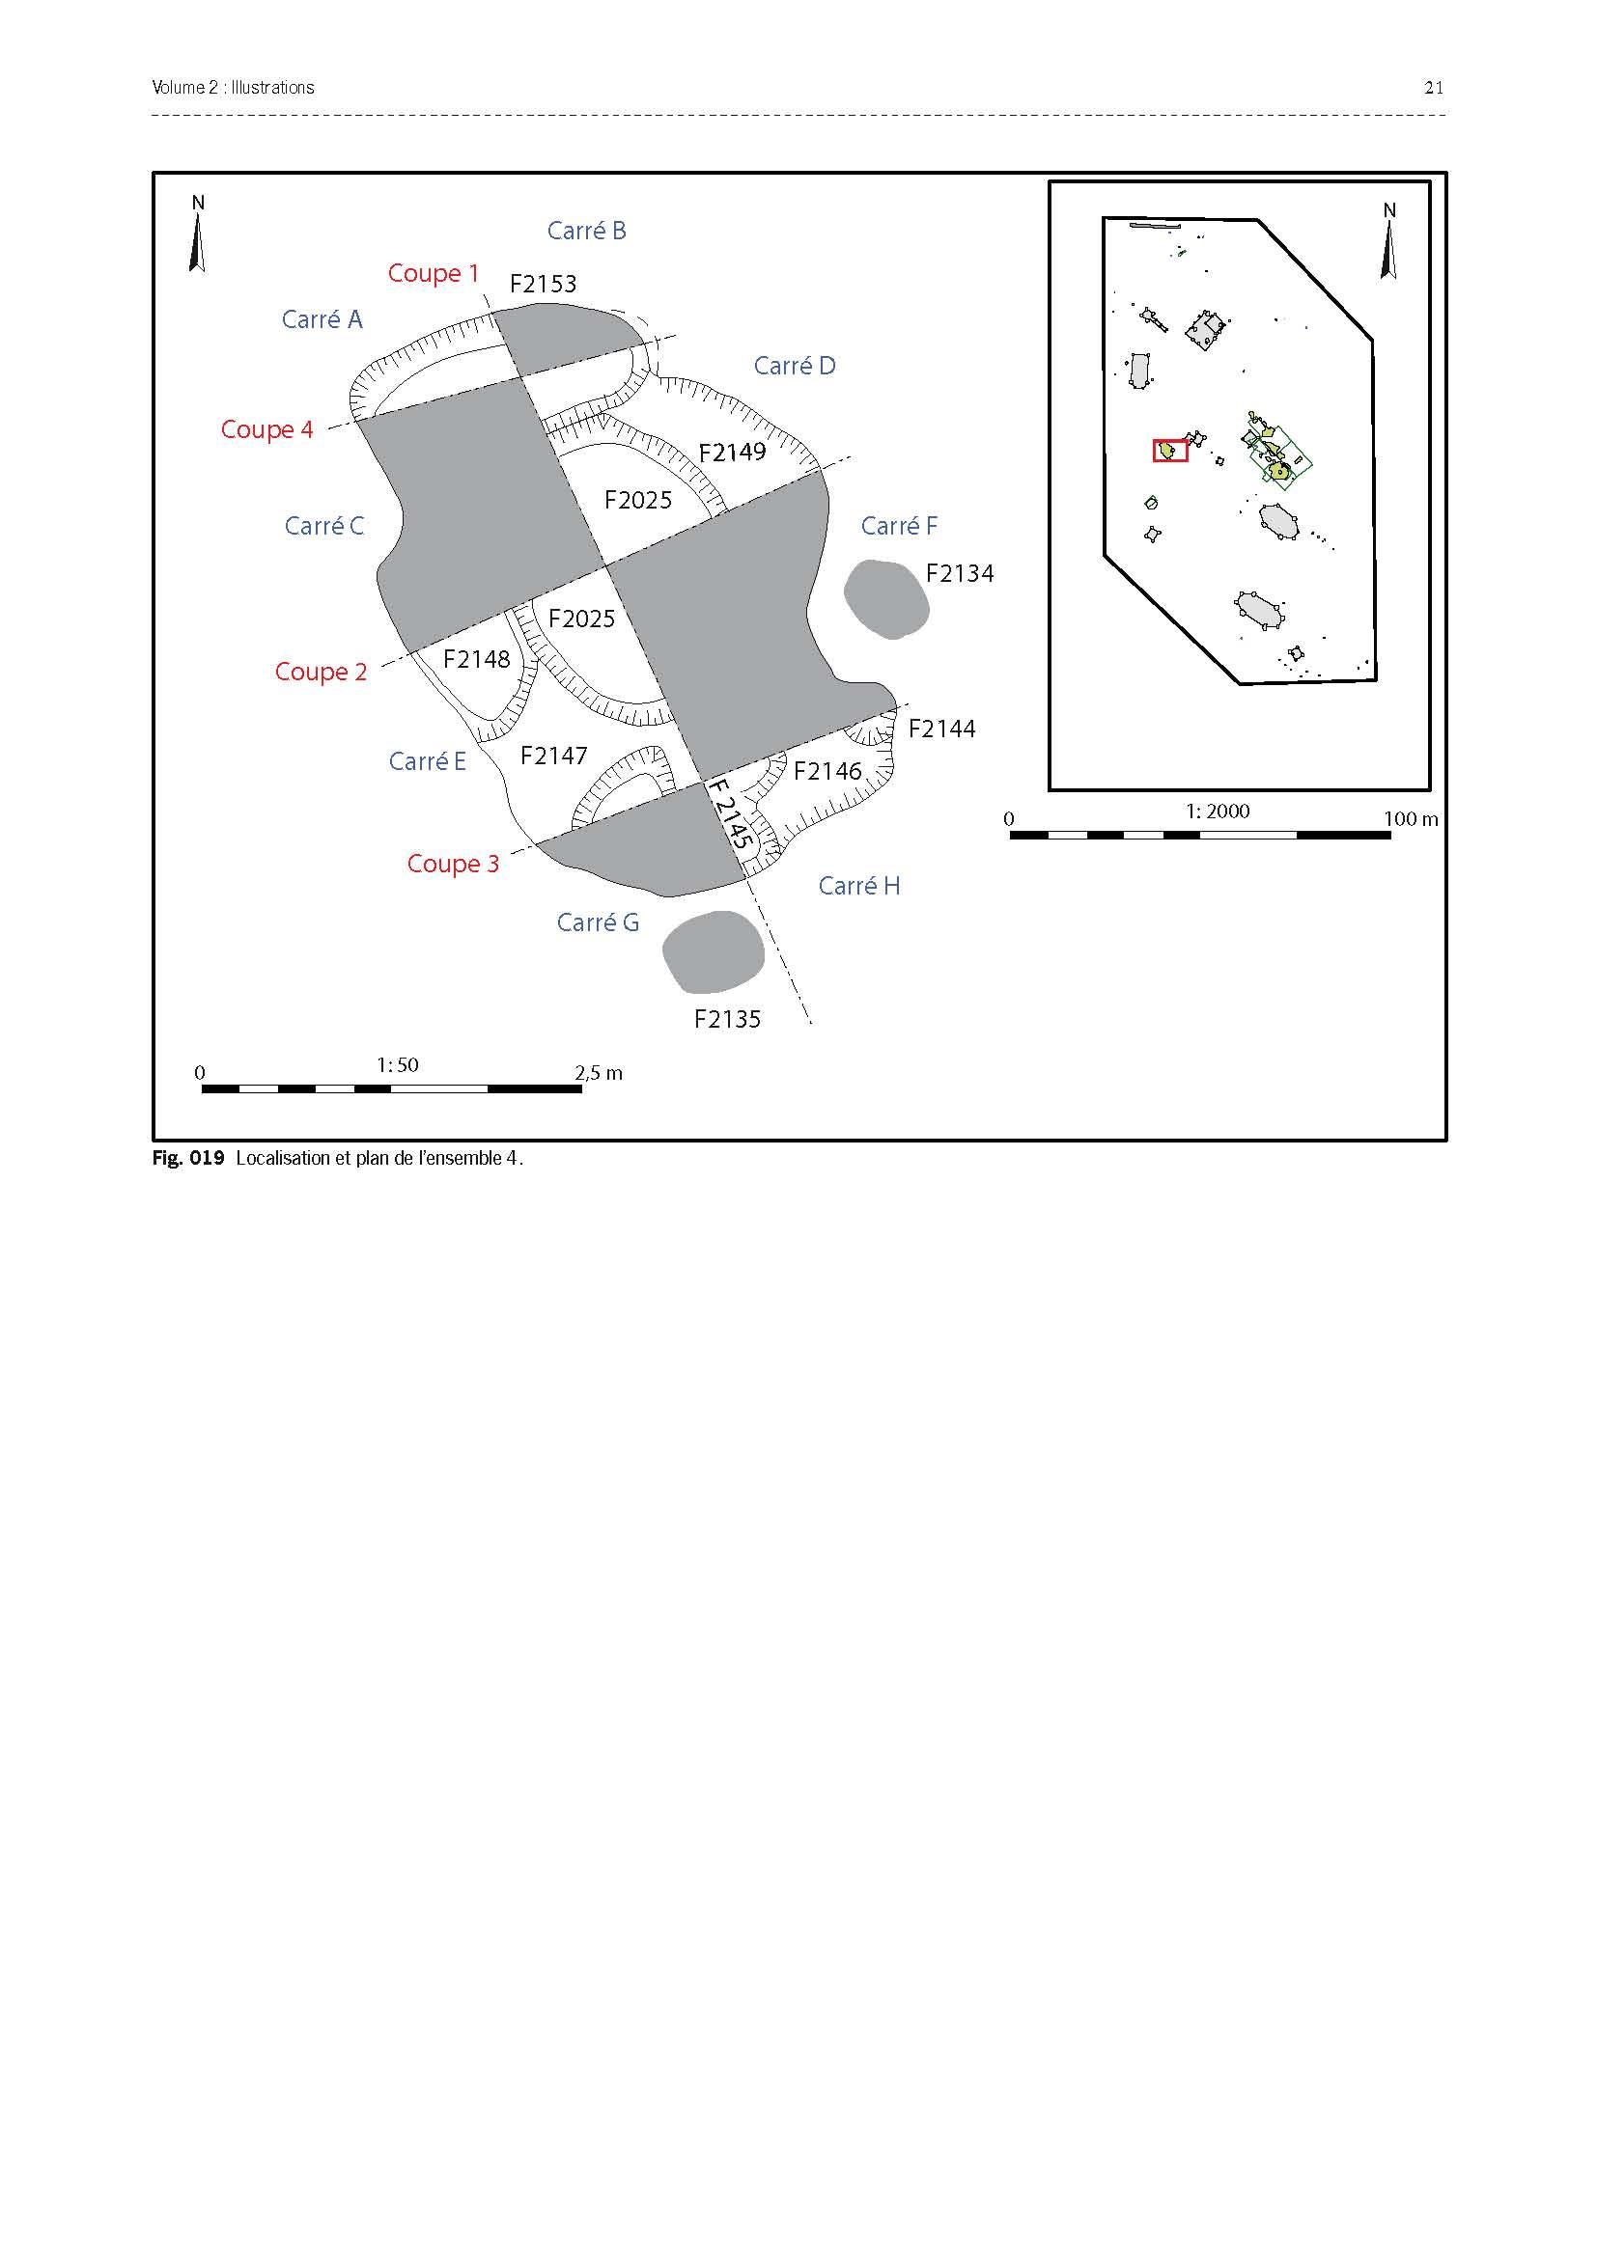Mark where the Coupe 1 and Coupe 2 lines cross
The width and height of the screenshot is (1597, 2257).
(x=605, y=565)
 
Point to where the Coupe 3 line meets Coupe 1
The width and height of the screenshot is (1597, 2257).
(x=706, y=783)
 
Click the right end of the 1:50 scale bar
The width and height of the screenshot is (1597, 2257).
(x=581, y=1089)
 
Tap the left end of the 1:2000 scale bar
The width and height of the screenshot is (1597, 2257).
(x=1011, y=836)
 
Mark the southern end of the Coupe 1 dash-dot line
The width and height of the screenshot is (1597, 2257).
(x=812, y=1026)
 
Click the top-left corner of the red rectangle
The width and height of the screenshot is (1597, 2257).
(x=1155, y=440)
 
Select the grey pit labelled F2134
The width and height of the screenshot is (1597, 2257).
(x=886, y=599)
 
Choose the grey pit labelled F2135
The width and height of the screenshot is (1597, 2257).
(x=713, y=951)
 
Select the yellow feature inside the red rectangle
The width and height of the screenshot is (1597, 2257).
(x=1167, y=451)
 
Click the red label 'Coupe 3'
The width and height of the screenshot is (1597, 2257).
(x=454, y=864)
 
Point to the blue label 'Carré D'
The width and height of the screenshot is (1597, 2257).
(x=795, y=366)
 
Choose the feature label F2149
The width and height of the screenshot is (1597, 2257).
(x=732, y=454)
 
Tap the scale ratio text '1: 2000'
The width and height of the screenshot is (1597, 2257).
(x=1218, y=811)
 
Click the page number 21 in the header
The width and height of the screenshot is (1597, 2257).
(x=1434, y=88)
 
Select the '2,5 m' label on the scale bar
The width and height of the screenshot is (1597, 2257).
(x=599, y=1072)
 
